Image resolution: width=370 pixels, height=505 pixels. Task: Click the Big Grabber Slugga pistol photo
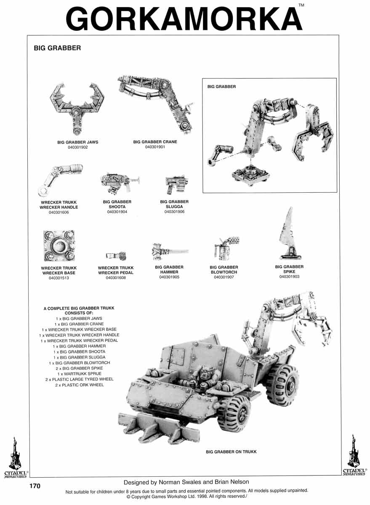click(x=173, y=184)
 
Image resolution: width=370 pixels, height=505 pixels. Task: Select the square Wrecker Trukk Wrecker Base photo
click(x=59, y=246)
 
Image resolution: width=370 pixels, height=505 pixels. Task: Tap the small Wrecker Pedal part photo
click(x=116, y=255)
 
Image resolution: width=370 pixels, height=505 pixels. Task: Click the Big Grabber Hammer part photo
click(x=168, y=251)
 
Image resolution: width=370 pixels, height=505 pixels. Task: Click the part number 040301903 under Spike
click(x=289, y=277)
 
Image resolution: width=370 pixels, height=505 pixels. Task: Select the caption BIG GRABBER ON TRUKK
click(x=231, y=452)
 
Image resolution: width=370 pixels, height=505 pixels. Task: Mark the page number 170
click(x=35, y=486)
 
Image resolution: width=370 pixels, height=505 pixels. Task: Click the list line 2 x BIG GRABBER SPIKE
click(x=79, y=368)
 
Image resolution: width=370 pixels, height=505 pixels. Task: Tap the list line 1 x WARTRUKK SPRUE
click(x=79, y=374)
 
